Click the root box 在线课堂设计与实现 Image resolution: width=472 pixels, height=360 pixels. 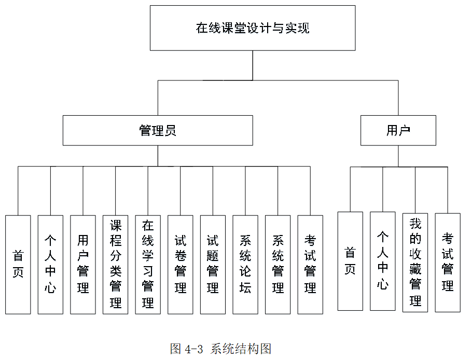click(x=253, y=28)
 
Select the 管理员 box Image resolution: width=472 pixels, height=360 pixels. click(x=158, y=130)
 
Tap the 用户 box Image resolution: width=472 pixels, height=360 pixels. click(x=398, y=130)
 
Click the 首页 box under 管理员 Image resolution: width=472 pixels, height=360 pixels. click(x=18, y=265)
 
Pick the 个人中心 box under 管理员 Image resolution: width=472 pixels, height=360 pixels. click(x=51, y=265)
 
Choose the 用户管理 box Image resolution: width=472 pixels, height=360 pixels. click(x=83, y=265)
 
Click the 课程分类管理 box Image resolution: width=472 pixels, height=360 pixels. click(x=116, y=265)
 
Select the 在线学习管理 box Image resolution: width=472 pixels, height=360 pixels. click(x=148, y=265)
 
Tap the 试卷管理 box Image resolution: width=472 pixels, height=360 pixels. click(x=181, y=265)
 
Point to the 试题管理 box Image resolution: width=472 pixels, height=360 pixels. click(x=213, y=265)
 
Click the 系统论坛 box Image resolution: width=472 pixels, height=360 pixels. click(x=245, y=265)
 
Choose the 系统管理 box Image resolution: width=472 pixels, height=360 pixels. click(x=278, y=265)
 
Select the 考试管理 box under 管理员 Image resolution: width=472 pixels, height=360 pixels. click(x=310, y=265)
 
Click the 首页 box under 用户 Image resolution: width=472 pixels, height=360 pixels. click(x=351, y=261)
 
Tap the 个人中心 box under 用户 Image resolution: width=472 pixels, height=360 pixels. click(x=383, y=261)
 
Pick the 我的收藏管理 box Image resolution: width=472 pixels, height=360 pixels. click(x=415, y=262)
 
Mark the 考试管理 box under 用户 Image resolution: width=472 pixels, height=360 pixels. click(x=448, y=262)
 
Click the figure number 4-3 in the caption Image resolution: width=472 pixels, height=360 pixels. click(x=194, y=349)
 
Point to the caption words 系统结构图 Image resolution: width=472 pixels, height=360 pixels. click(x=241, y=349)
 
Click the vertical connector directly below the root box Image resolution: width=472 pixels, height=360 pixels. click(x=253, y=65)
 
